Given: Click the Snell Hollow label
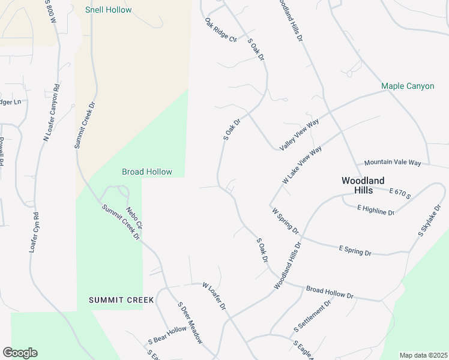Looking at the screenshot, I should [108, 10].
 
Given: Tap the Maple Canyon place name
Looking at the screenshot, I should [408, 86].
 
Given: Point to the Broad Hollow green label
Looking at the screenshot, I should [147, 172].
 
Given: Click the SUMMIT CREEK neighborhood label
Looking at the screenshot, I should [121, 299].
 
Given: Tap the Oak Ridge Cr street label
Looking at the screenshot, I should [221, 29].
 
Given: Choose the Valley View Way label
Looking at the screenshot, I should [299, 135].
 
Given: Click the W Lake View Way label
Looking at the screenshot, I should [302, 165].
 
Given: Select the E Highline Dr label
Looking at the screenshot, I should [376, 209].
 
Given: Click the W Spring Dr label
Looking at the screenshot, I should [285, 220].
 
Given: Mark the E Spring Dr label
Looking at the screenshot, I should [355, 250].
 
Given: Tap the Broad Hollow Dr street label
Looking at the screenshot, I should [330, 292].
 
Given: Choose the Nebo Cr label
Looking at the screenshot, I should [133, 218].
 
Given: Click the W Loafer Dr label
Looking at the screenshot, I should [214, 296].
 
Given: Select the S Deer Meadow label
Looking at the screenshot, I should [190, 322].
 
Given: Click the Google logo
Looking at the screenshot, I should [20, 353].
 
